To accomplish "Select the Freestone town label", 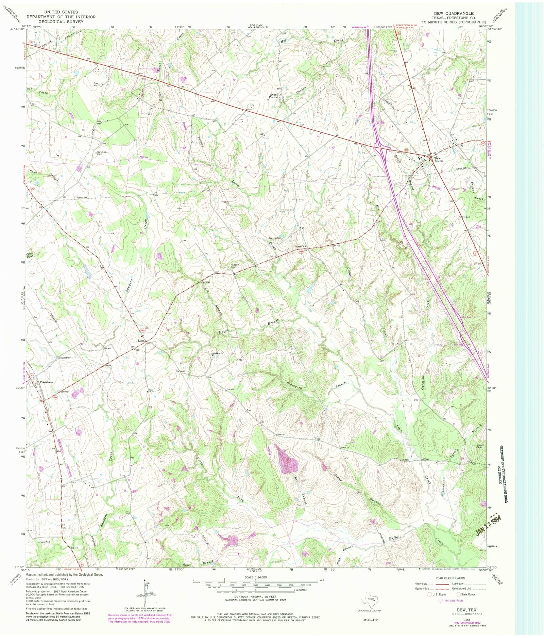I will point(46,382).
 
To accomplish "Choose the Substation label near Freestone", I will point(64,358).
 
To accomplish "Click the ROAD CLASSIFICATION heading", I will point(450,578).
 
